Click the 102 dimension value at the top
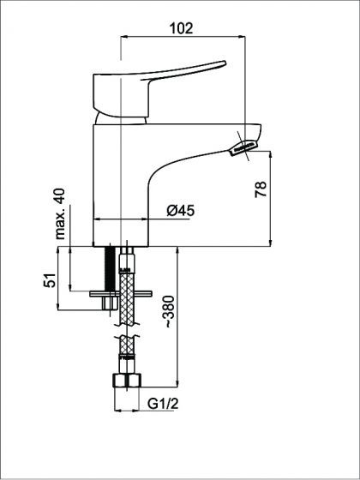pyautogui.click(x=181, y=28)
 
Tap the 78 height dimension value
pyautogui.click(x=261, y=189)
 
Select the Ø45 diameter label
pyautogui.click(x=180, y=211)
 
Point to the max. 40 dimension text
pyautogui.click(x=60, y=213)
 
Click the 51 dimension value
pyautogui.click(x=51, y=279)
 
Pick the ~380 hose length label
pyautogui.click(x=170, y=312)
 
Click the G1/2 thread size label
pyautogui.click(x=163, y=404)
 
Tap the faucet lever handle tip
pyautogui.click(x=224, y=63)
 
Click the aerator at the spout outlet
pyautogui.click(x=243, y=147)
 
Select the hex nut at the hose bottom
pyautogui.click(x=127, y=381)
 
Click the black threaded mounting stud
pyautogui.click(x=110, y=268)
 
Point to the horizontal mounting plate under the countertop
pyautogui.click(x=121, y=293)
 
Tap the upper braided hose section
pyautogui.click(x=127, y=298)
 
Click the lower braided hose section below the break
pyautogui.click(x=127, y=345)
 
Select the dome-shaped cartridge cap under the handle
pyautogui.click(x=120, y=118)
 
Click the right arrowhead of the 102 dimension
pyautogui.click(x=242, y=36)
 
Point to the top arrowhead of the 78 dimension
pyautogui.click(x=270, y=155)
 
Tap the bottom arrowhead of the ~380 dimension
pyautogui.click(x=177, y=383)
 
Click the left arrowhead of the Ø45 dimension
pyautogui.click(x=96, y=219)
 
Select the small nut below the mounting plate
pyautogui.click(x=111, y=303)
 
